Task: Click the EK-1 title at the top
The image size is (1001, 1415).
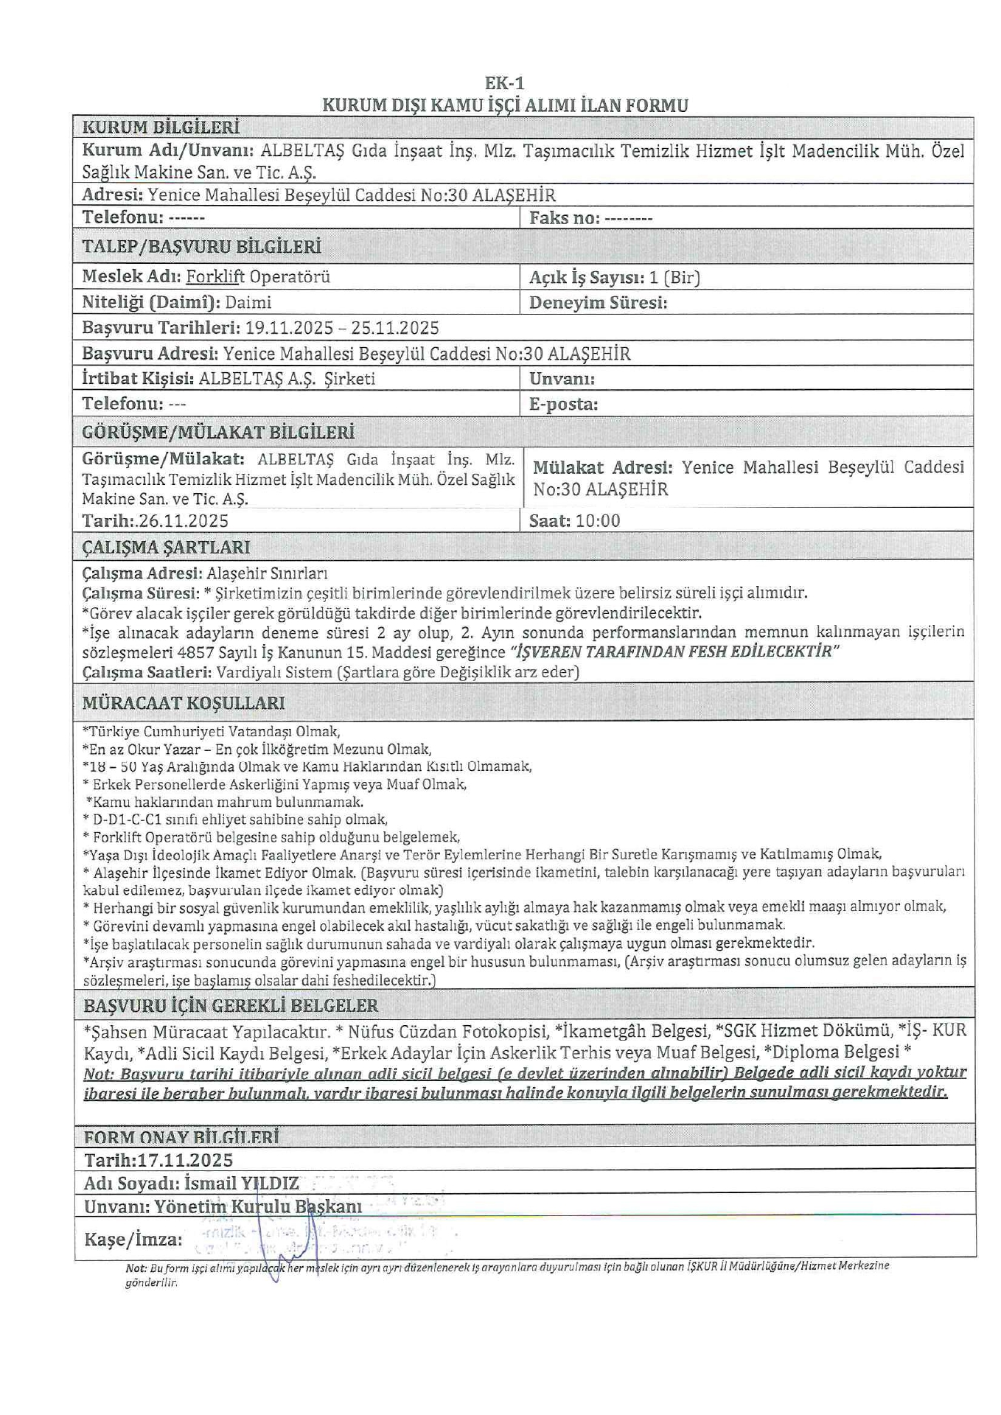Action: (504, 83)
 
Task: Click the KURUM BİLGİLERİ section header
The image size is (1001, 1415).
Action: (161, 127)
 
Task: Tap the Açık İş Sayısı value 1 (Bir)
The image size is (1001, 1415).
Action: (674, 278)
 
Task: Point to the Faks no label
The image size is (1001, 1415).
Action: (564, 218)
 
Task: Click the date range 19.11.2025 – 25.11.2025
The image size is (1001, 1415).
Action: (342, 328)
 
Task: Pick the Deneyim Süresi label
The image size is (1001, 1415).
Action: (598, 303)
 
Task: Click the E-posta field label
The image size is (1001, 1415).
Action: (563, 404)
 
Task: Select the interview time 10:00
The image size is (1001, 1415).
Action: (598, 521)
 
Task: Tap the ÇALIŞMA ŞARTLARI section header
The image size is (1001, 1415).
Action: (166, 548)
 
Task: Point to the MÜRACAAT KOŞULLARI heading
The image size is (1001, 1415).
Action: (184, 703)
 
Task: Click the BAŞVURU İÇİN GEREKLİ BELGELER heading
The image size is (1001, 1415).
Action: (231, 1006)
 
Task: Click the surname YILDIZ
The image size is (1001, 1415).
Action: (270, 1184)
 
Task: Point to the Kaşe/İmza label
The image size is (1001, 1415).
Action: (133, 1240)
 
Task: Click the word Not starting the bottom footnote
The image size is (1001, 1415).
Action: (136, 1266)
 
